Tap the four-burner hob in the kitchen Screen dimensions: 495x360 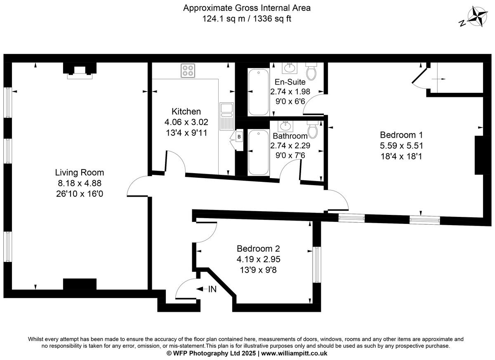click(188, 71)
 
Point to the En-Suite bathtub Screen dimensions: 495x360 click(259, 92)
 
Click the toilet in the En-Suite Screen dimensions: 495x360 click(311, 71)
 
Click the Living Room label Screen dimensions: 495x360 click(80, 172)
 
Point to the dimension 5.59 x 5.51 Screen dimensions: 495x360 click(401, 146)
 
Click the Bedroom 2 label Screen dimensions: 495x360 click(258, 249)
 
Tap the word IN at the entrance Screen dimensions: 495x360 click(212, 289)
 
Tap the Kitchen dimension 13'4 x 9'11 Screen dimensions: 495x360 click(186, 133)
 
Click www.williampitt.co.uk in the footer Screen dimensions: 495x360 click(294, 353)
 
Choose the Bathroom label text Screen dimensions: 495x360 click(290, 136)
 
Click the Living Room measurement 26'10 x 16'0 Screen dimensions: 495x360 click(80, 194)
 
